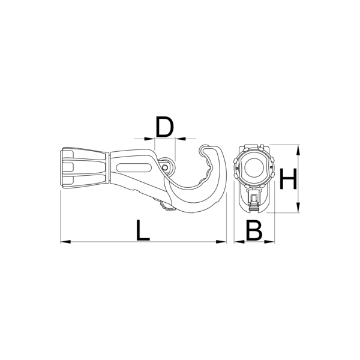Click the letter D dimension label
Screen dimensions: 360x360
point(164,127)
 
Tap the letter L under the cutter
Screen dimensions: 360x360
point(142,230)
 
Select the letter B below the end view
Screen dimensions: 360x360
point(254,230)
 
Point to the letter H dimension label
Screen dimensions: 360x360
point(288,179)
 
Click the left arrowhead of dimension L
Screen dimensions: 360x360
point(65,242)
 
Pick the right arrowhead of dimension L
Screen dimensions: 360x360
point(221,242)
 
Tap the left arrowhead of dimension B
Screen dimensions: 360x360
point(239,242)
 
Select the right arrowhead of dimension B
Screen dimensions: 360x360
point(269,242)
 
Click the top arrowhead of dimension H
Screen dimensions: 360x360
point(298,150)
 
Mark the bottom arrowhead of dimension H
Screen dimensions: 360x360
point(298,208)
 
